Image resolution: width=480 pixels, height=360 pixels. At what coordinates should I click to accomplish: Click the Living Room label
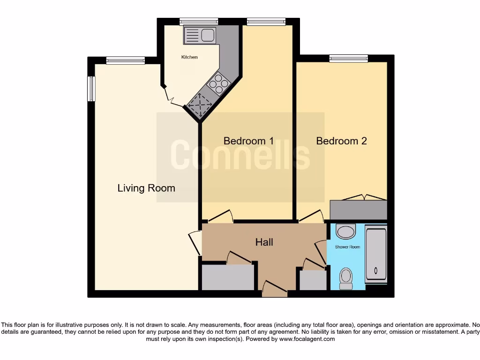click(x=146, y=188)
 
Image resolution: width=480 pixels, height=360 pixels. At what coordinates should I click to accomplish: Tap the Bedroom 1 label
click(x=248, y=141)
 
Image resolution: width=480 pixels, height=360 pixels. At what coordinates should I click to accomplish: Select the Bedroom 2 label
click(x=341, y=141)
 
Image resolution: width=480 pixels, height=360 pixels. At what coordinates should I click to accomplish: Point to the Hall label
click(x=264, y=242)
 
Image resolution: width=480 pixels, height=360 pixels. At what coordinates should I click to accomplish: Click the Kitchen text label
click(x=189, y=57)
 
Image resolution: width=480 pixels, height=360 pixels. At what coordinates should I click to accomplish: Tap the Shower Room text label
click(x=347, y=247)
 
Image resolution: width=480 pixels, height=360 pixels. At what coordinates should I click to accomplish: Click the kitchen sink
click(x=199, y=35)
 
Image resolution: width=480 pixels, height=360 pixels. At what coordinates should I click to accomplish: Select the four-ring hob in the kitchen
click(x=218, y=84)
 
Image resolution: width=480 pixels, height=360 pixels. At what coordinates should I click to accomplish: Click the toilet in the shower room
click(x=346, y=278)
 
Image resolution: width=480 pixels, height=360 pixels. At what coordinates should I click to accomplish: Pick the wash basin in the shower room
click(x=346, y=231)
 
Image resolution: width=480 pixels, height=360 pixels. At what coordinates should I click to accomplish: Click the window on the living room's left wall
click(x=91, y=89)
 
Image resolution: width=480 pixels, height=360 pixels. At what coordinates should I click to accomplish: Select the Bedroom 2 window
click(x=348, y=59)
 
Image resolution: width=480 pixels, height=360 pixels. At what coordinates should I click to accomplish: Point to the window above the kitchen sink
click(x=199, y=21)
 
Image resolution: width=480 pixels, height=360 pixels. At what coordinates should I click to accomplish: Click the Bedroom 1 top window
click(x=266, y=21)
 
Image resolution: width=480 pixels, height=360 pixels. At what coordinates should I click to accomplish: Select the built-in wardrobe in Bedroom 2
click(x=359, y=210)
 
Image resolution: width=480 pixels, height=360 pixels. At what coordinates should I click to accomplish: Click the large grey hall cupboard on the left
click(x=227, y=277)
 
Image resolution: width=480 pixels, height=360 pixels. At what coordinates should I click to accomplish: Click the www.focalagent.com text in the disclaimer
click(x=307, y=339)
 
